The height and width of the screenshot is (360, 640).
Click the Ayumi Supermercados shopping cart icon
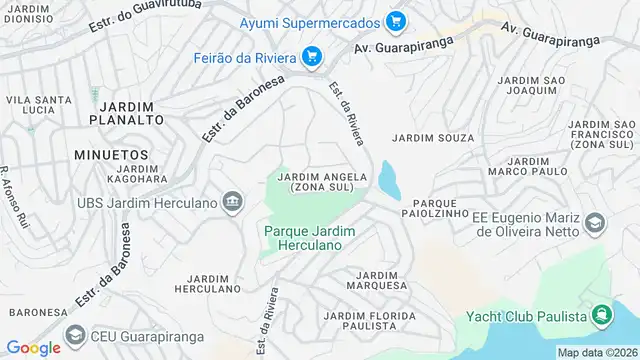click(x=396, y=21)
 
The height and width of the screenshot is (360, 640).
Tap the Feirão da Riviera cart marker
click(x=312, y=55)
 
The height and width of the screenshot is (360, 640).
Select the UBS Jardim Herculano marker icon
click(x=233, y=203)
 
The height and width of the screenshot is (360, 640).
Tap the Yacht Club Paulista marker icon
click(x=601, y=317)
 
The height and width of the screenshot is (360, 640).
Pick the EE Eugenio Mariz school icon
click(x=594, y=223)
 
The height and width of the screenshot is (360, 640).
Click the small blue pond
click(x=388, y=182)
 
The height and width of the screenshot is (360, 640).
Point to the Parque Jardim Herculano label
click(x=310, y=237)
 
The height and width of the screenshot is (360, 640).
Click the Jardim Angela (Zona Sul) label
click(x=321, y=182)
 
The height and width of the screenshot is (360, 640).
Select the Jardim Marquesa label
click(x=377, y=280)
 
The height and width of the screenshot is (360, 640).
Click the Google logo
click(x=34, y=347)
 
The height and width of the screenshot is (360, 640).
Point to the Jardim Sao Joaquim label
click(x=528, y=86)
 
